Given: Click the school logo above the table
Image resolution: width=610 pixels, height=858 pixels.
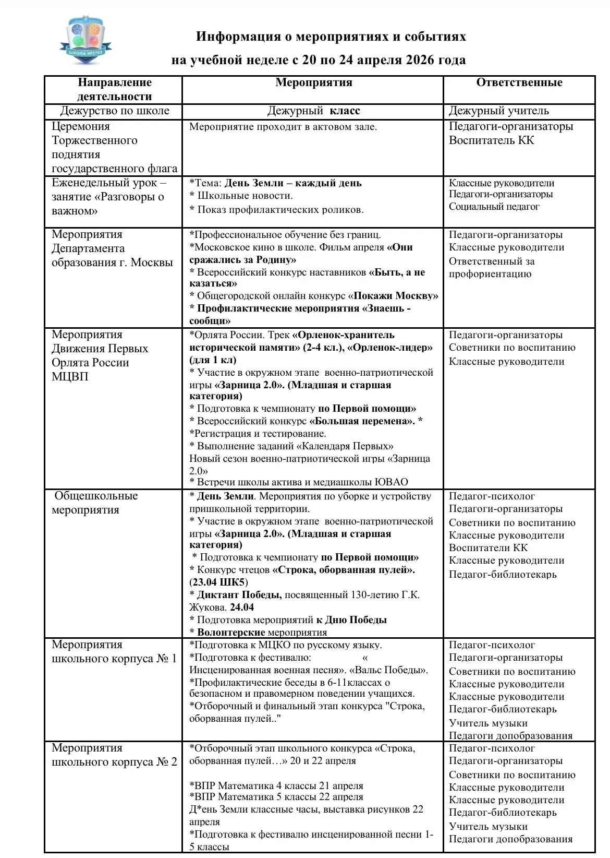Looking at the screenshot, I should pyautogui.click(x=86, y=40).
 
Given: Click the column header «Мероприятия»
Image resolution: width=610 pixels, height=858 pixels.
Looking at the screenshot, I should pyautogui.click(x=313, y=82).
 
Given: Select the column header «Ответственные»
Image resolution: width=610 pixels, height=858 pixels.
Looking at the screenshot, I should pyautogui.click(x=519, y=82).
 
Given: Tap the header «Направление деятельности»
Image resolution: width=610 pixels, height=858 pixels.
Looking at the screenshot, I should pyautogui.click(x=114, y=89).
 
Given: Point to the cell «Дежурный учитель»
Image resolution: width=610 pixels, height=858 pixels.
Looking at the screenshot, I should pyautogui.click(x=498, y=111).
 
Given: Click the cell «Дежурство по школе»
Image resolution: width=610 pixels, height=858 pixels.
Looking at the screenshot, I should pyautogui.click(x=115, y=111).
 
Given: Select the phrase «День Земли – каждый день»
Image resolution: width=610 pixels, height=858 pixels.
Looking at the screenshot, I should pyautogui.click(x=292, y=183).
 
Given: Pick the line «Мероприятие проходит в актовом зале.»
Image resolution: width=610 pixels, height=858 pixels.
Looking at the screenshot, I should pyautogui.click(x=283, y=127).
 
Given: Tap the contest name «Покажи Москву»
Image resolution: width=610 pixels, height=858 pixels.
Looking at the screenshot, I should pyautogui.click(x=396, y=296).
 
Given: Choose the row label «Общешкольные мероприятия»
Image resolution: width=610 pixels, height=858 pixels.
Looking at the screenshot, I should pyautogui.click(x=95, y=503).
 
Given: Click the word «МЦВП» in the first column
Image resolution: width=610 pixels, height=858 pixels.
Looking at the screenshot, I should pyautogui.click(x=70, y=376).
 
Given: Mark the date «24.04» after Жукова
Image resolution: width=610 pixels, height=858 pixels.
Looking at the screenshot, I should pyautogui.click(x=242, y=607).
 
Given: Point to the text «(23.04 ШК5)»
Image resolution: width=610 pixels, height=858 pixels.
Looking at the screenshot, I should pyautogui.click(x=218, y=582).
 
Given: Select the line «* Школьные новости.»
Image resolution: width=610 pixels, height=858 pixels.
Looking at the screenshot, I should pyautogui.click(x=241, y=196).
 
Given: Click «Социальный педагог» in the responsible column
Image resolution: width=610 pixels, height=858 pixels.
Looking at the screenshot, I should pyautogui.click(x=494, y=207).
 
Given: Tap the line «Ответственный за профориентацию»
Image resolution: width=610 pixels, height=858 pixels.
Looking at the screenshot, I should pyautogui.click(x=491, y=267).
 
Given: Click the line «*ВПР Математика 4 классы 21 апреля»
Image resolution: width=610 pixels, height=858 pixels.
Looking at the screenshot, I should pyautogui.click(x=276, y=785).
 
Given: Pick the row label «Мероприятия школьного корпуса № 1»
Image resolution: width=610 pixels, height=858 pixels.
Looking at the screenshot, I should pyautogui.click(x=114, y=651).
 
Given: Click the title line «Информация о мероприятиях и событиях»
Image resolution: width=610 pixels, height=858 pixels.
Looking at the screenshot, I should pyautogui.click(x=331, y=37).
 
